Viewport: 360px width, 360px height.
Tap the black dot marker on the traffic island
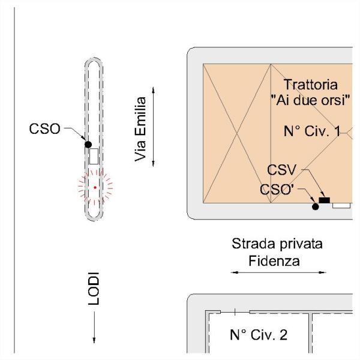coord(88,145)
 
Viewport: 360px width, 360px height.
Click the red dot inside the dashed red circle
coord(95,188)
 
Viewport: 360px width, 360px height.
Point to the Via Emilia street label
coord(141,129)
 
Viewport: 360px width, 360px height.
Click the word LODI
coord(94,291)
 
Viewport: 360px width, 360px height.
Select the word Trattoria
coord(310,85)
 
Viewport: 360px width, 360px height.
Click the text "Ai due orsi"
coord(310,99)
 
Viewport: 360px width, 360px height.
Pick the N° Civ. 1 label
coord(311,131)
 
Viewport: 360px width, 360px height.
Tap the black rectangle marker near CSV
coord(325,200)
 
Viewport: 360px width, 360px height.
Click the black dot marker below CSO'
coord(315,207)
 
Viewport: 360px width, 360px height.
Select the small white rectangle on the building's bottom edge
coord(341,205)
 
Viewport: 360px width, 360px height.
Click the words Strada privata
coord(277,245)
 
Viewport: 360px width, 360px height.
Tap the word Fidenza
coord(275,261)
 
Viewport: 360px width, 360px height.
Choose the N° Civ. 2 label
coord(259,334)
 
